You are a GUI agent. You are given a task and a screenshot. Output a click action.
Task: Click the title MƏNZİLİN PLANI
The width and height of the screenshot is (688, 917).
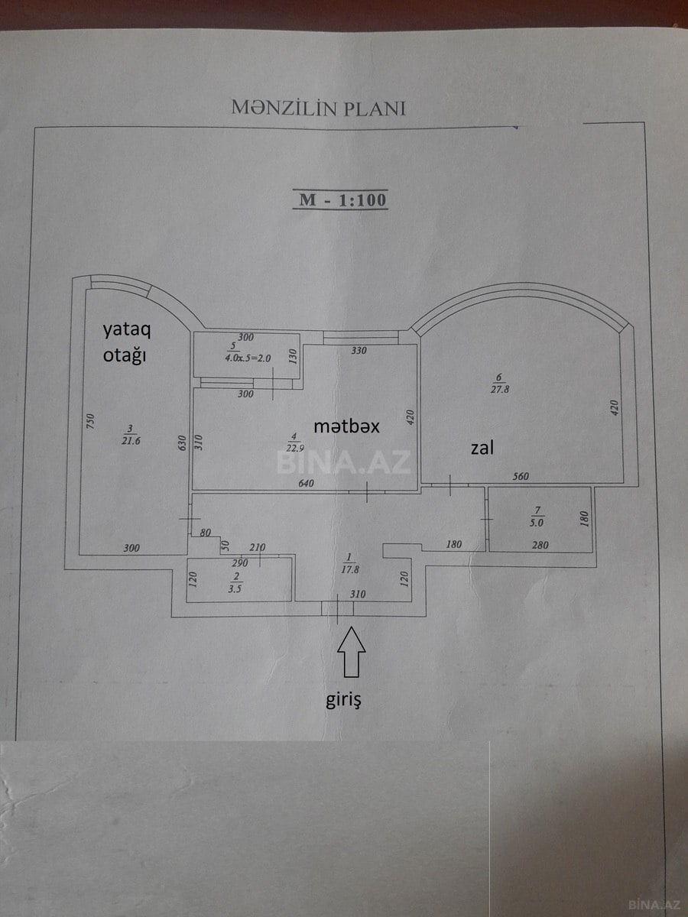[318, 108]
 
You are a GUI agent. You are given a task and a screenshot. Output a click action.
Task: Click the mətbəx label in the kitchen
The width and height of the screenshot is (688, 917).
[346, 426]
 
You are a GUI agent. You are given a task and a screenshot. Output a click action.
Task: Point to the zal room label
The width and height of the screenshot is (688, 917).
[482, 447]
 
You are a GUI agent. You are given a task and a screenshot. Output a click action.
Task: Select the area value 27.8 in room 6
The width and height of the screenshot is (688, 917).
[500, 389]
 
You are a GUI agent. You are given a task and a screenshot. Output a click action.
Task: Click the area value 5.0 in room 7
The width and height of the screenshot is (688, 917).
[539, 523]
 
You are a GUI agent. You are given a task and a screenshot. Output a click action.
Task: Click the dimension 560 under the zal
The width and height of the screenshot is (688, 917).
[521, 477]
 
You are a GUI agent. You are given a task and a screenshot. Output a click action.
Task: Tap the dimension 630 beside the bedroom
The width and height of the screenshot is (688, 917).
[183, 442]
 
